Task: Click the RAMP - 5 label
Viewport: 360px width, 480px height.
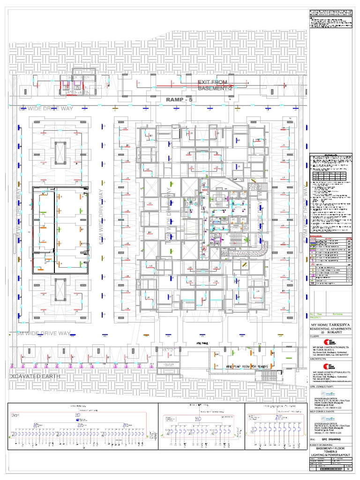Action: [x=180, y=100]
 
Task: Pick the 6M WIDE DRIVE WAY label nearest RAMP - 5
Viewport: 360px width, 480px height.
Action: [x=42, y=109]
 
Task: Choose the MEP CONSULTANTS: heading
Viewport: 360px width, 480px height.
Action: [x=322, y=412]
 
